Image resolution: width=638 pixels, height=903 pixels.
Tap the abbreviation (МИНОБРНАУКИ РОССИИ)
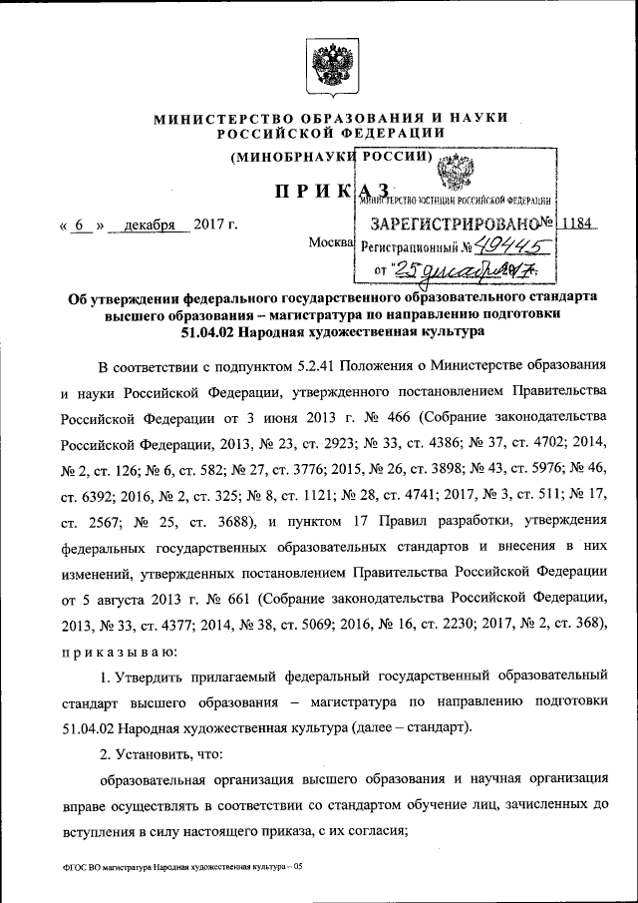[331, 157]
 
